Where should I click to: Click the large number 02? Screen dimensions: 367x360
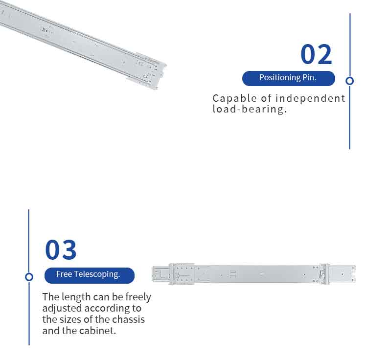pos(316,54)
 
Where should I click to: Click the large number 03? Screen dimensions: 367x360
pos(61,249)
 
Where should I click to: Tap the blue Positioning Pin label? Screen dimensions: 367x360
pos(288,78)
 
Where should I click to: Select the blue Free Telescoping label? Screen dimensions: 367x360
pos(90,275)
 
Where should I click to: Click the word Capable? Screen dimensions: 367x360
pos(234,98)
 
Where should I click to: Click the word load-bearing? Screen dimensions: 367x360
pos(250,109)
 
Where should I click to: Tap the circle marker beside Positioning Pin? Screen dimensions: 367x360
pos(350,81)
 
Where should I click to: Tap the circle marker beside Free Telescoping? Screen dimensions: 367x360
pos(29,277)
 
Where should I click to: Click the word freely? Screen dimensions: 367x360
pos(138,297)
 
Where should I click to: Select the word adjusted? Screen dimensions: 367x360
pos(62,309)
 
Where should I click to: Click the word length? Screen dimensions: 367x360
pos(76,297)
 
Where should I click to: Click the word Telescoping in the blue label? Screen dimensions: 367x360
pos(97,274)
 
